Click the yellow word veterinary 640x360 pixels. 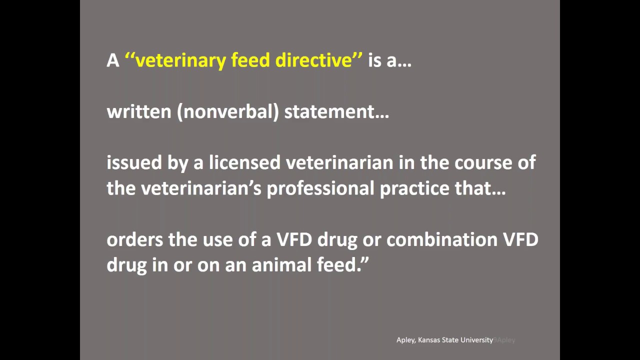click(180, 60)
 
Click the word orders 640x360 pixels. click(135, 239)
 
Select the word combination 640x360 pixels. click(441, 239)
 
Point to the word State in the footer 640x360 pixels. click(451, 340)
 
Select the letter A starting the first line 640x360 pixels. click(112, 60)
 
